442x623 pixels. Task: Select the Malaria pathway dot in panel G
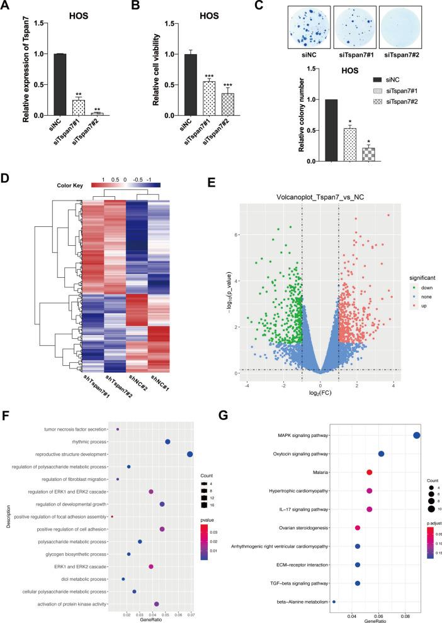(x=370, y=472)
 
